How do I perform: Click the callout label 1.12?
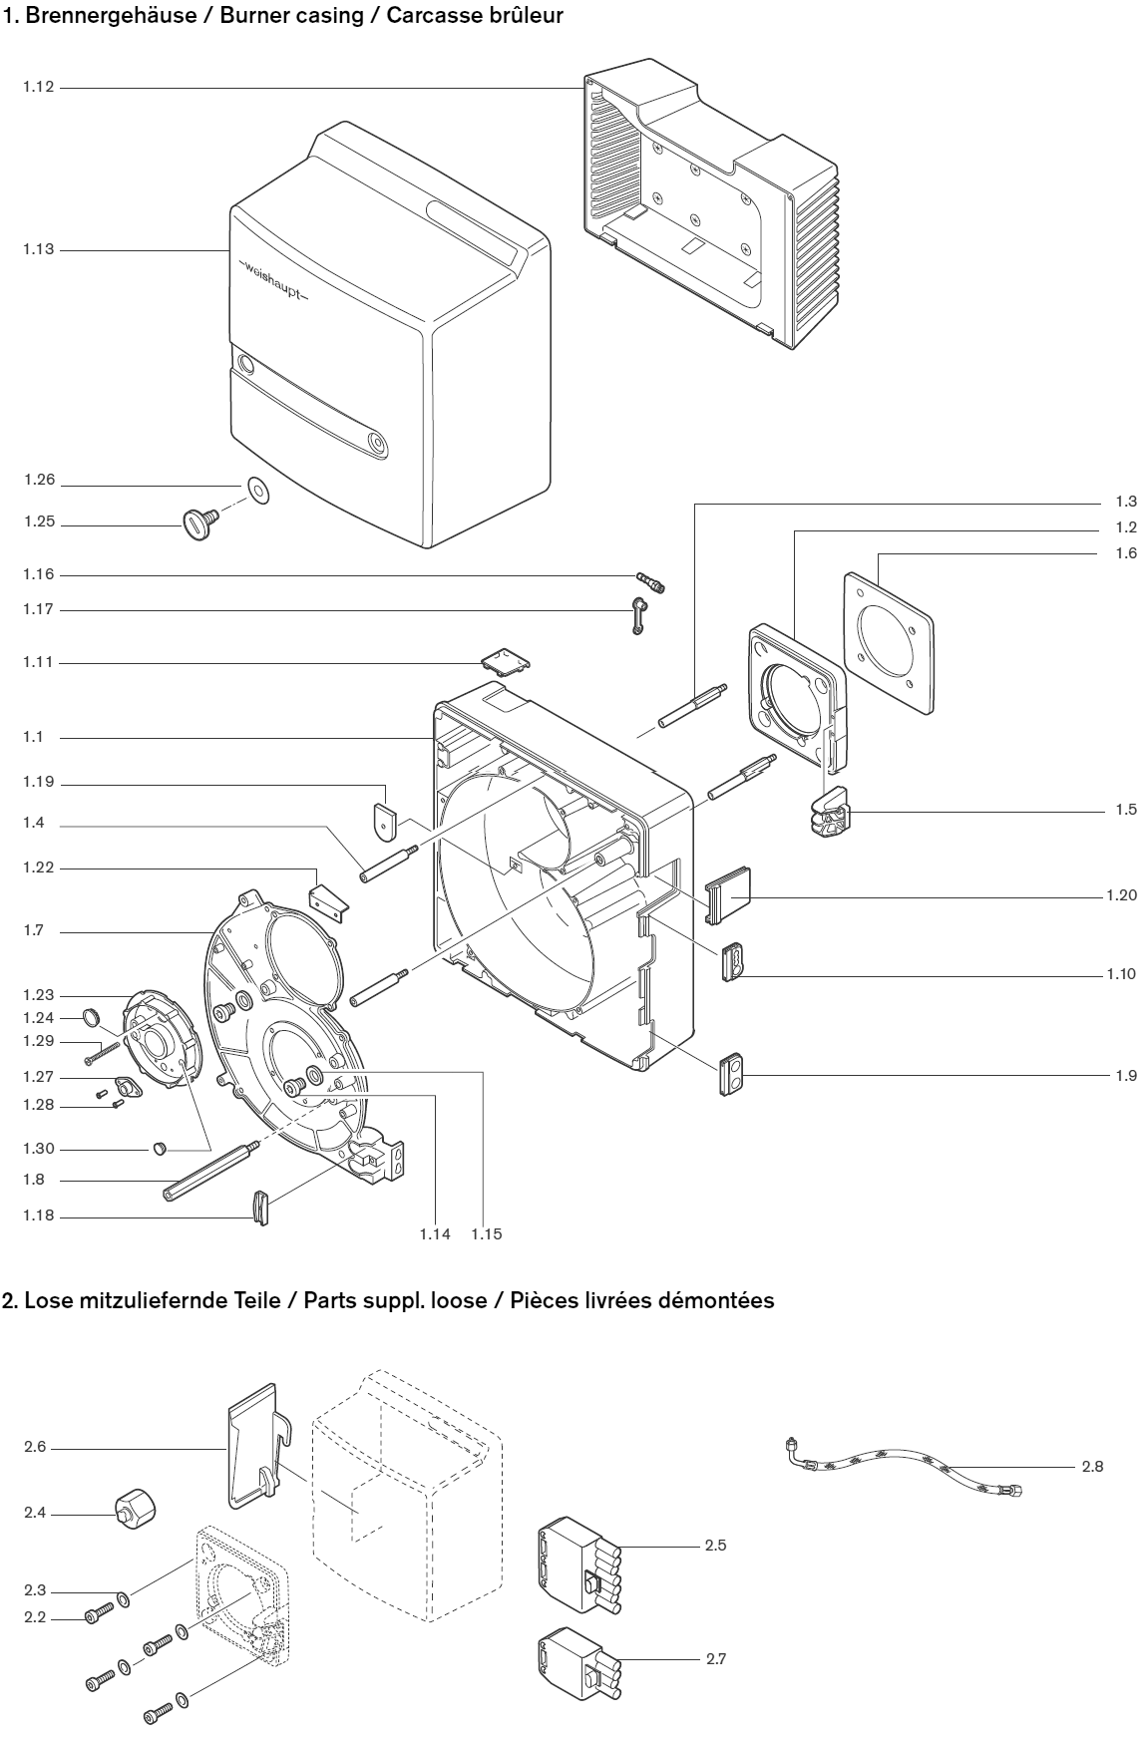coord(38,88)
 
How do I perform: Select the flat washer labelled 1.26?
coord(257,490)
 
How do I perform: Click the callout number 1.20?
coord(1121,895)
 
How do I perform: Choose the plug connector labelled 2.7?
coord(576,1662)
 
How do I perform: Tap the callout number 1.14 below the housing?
coord(435,1233)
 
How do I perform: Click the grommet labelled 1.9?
coord(732,1073)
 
